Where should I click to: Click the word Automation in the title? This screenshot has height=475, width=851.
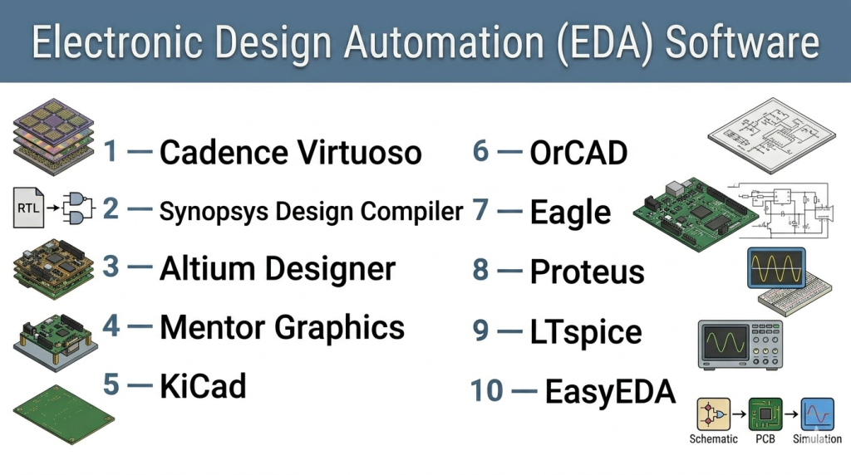pyautogui.click(x=444, y=42)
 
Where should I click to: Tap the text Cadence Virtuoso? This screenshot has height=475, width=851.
pyautogui.click(x=290, y=152)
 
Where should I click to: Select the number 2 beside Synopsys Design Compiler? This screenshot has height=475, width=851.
pyautogui.click(x=111, y=208)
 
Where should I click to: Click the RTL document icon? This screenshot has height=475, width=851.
pyautogui.click(x=29, y=207)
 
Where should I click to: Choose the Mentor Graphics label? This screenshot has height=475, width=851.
pyautogui.click(x=283, y=328)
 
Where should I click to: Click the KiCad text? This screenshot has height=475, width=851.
pyautogui.click(x=203, y=386)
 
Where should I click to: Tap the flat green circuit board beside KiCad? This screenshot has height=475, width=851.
pyautogui.click(x=63, y=414)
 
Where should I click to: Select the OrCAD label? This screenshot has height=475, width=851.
pyautogui.click(x=578, y=153)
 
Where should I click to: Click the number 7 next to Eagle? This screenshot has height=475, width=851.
pyautogui.click(x=480, y=210)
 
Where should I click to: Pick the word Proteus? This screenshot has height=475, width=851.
pyautogui.click(x=588, y=272)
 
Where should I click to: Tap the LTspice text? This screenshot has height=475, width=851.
pyautogui.click(x=586, y=332)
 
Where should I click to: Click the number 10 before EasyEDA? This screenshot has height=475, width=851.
pyautogui.click(x=487, y=391)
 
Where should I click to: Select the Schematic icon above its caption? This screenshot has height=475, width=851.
pyautogui.click(x=713, y=414)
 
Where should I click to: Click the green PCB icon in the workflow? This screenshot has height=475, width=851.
pyautogui.click(x=765, y=414)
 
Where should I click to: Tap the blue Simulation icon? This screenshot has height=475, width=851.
pyautogui.click(x=818, y=414)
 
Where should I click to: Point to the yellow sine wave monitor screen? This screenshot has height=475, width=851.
pyautogui.click(x=776, y=268)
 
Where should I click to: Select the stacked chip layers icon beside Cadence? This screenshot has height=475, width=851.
pyautogui.click(x=53, y=137)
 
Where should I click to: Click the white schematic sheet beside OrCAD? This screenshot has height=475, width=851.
pyautogui.click(x=772, y=135)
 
